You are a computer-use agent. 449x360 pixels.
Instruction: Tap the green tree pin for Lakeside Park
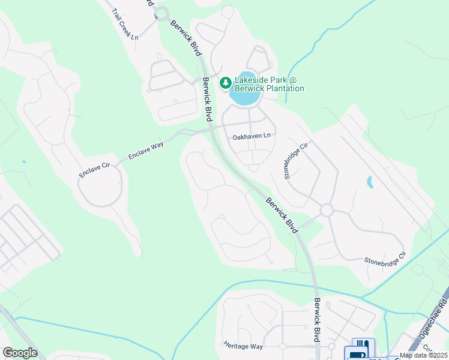pos(226,82)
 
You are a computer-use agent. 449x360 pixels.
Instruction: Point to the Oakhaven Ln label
pos(252,136)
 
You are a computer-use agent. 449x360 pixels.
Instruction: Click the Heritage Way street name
pos(243,346)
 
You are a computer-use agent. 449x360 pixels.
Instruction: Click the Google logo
pos(20,352)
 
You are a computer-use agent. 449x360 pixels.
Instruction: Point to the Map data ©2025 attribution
pos(423,355)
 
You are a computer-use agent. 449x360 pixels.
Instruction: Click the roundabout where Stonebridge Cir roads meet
pos(327,210)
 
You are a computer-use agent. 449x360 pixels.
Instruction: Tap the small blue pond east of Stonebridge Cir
pos(369,182)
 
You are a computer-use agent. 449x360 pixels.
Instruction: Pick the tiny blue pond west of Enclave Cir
pos(24,161)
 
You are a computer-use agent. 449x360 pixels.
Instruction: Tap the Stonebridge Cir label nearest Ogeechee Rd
pos(386,260)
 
